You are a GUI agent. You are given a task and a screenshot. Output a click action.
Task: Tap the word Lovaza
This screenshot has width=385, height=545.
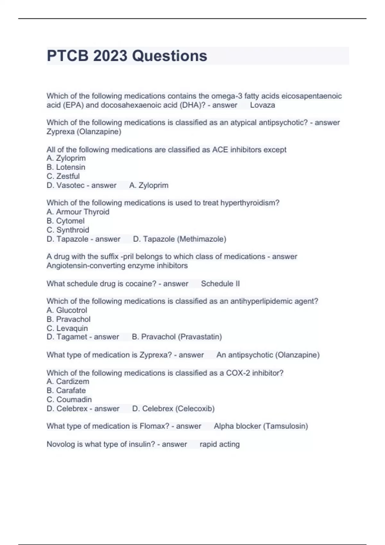tap(262, 105)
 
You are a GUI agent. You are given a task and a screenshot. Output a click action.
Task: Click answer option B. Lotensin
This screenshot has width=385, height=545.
tap(66, 167)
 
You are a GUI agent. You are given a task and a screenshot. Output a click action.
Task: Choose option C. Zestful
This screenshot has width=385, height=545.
tap(63, 176)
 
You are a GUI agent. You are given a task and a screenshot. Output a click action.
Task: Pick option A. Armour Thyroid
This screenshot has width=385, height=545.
tap(78, 212)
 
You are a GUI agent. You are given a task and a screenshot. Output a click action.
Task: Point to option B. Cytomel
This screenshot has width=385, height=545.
tap(65, 221)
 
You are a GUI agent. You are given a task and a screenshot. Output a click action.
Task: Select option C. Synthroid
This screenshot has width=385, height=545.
tap(68, 230)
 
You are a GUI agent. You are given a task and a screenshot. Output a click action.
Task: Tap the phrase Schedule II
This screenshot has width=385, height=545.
tap(220, 284)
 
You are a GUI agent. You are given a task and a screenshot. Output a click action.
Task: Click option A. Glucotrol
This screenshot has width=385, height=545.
tap(67, 310)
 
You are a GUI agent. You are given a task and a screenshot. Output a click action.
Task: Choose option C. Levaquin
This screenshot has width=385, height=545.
tap(67, 328)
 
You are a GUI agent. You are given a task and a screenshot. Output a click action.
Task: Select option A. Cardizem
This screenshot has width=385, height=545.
tap(68, 382)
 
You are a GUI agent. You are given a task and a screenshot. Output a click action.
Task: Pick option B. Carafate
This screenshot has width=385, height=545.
tap(66, 390)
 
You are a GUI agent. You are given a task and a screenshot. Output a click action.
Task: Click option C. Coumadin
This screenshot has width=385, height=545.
tap(69, 399)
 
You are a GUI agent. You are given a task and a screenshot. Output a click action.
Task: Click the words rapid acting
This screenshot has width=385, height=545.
tap(219, 444)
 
